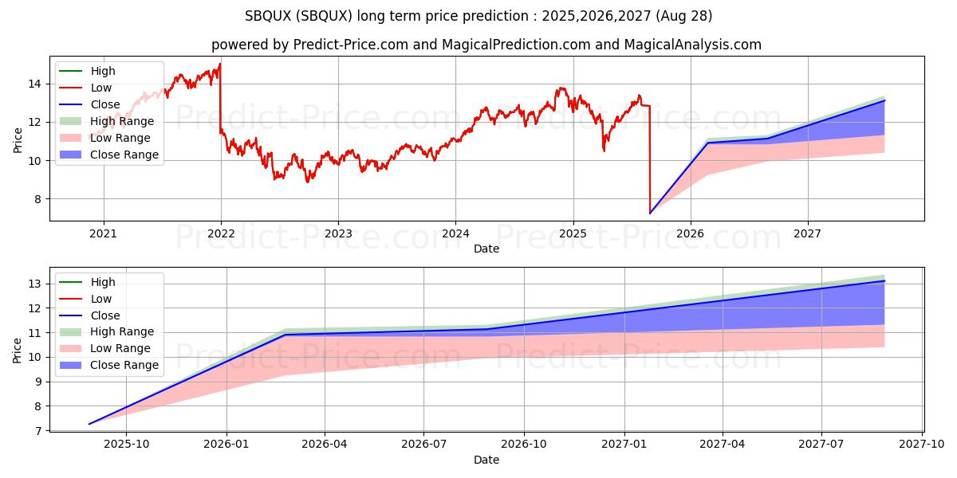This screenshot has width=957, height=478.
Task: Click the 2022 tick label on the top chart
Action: [x=221, y=233]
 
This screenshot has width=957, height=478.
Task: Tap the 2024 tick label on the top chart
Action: [x=455, y=233]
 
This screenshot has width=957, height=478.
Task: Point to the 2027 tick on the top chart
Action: [x=808, y=233]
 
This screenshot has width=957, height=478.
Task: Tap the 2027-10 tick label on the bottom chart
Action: [x=922, y=445]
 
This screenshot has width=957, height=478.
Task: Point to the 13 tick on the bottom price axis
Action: [x=37, y=284]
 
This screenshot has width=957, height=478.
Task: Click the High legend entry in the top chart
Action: [x=102, y=71]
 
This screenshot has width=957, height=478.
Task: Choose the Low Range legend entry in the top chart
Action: [x=120, y=138]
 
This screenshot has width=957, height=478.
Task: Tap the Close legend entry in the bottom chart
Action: [x=105, y=315]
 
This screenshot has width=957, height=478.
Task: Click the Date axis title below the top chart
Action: [x=486, y=249]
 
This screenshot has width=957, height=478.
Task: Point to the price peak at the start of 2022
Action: [x=220, y=63]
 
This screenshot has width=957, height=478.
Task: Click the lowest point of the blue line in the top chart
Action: [x=650, y=213]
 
